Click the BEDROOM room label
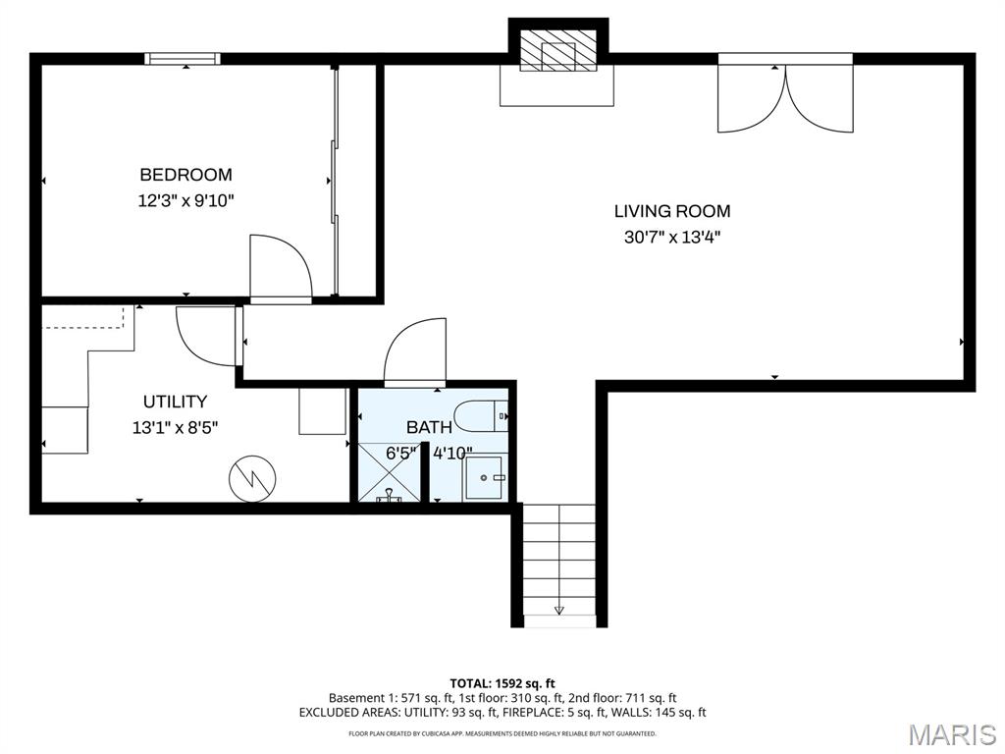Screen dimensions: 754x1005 [x=185, y=175]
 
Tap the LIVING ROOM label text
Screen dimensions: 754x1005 [x=672, y=211]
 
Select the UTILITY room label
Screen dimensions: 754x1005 [x=175, y=402]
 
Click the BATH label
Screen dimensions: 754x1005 [x=430, y=427]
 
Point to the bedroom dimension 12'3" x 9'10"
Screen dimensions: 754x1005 [x=185, y=201]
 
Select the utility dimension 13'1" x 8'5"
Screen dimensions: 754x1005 [x=175, y=427]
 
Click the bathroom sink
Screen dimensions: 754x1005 [x=484, y=477]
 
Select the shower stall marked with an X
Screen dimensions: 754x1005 [x=389, y=472]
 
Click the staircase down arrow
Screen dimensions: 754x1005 [x=559, y=610]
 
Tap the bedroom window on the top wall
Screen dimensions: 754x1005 [x=183, y=59]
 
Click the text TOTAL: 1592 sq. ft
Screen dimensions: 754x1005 [x=502, y=683]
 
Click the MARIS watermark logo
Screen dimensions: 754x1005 [x=951, y=734]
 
